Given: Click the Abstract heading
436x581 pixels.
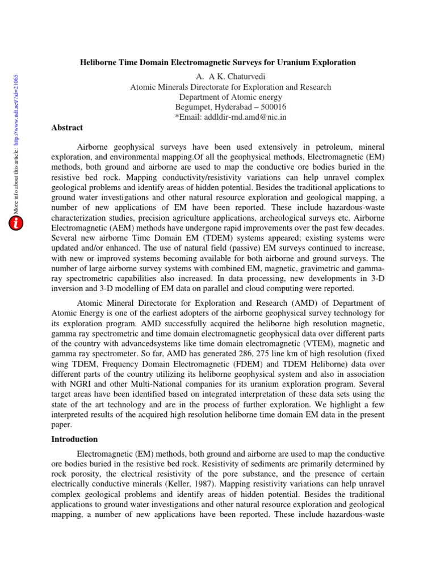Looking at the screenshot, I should pos(67,128).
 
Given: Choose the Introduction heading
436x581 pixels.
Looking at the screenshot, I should pos(74,439).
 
